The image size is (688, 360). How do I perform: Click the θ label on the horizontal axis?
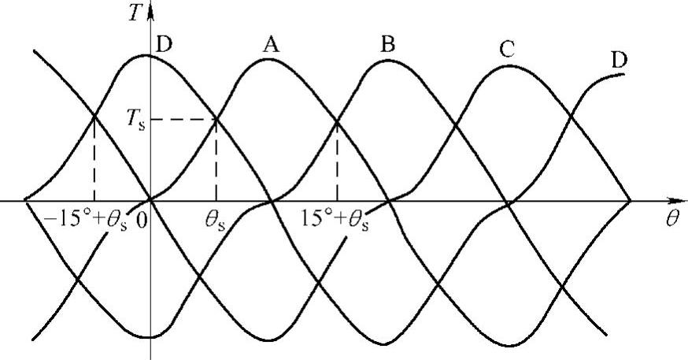coord(671,218)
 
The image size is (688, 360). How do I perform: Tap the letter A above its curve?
coord(271,46)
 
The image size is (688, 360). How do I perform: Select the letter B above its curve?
coord(387,44)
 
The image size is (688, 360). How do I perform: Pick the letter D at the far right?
coord(620,60)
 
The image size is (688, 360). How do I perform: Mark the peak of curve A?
coord(268,61)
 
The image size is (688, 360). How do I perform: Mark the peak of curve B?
coord(387,59)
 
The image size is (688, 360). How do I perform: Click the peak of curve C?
coord(508,65)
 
